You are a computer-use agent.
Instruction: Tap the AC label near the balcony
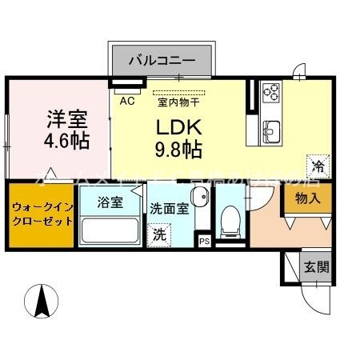click(x=126, y=101)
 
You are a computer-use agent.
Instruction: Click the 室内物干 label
click(x=178, y=101)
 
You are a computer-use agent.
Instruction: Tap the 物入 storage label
click(x=306, y=198)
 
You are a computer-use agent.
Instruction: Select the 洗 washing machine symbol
click(x=160, y=235)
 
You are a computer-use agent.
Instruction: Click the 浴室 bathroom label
click(x=110, y=202)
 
